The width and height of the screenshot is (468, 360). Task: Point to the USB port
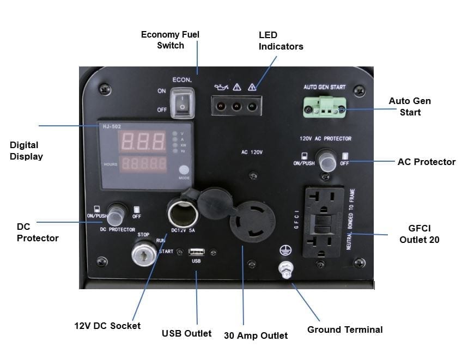point(197,252)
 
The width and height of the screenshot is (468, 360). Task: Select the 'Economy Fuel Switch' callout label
point(170,40)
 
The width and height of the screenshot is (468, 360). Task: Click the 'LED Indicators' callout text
point(281,41)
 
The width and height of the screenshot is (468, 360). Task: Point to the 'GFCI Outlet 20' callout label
point(419,234)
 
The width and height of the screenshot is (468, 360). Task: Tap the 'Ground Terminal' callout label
point(345,330)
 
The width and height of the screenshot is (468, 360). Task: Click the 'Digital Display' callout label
point(26,151)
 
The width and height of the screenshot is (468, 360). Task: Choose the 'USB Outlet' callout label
point(187,333)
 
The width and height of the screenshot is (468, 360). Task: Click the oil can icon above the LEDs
point(221,86)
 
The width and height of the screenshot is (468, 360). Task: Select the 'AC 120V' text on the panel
point(252,152)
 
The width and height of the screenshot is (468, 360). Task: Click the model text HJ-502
point(111,127)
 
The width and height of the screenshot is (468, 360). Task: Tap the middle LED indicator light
point(236,106)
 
